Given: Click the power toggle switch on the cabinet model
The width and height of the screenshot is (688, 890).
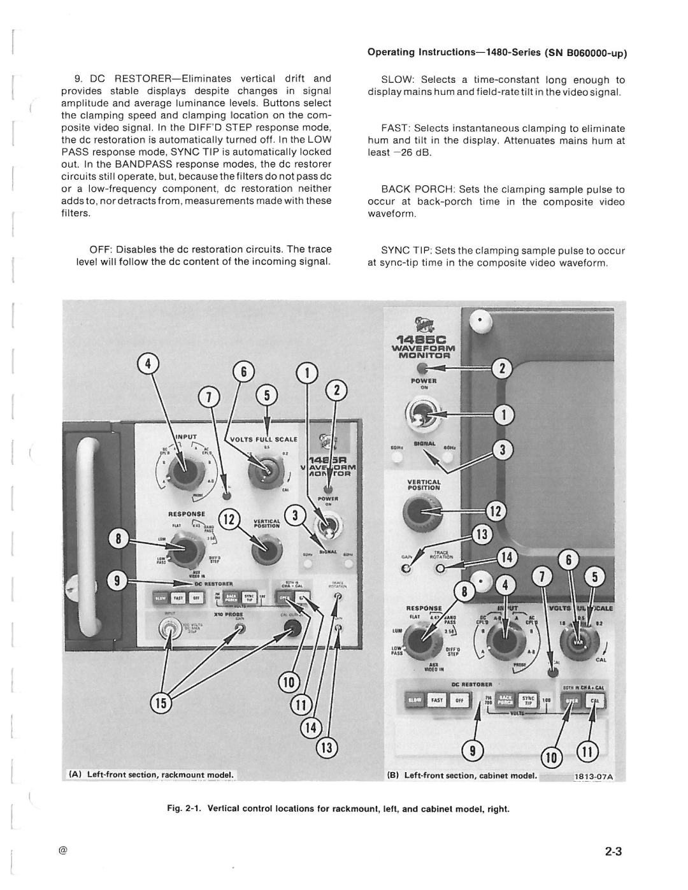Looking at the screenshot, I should [422, 415].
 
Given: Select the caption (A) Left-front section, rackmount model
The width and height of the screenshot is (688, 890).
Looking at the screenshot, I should [152, 775].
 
